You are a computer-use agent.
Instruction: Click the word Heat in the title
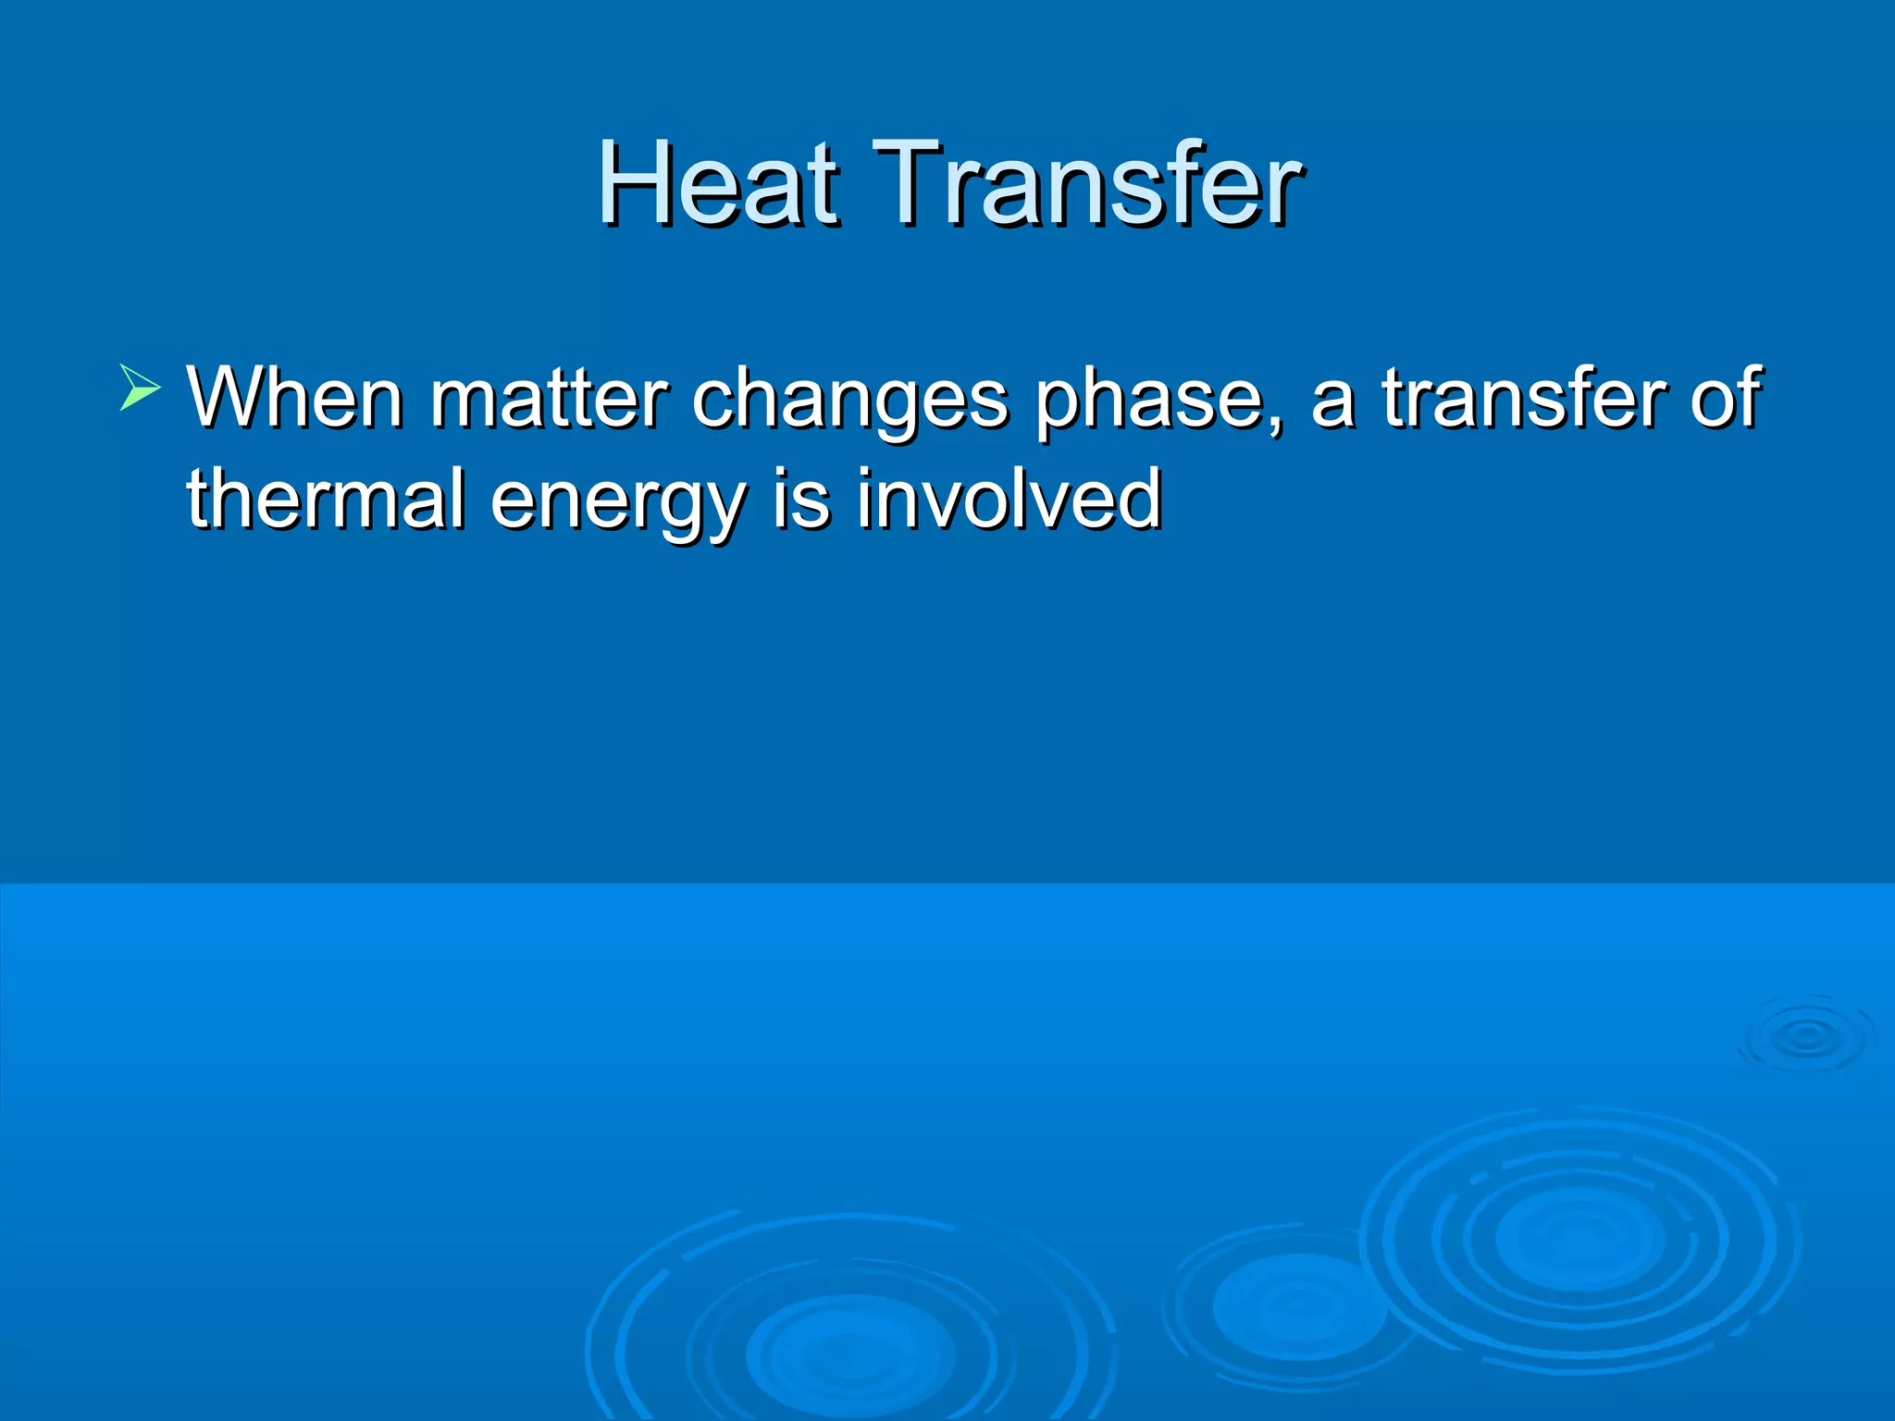718,183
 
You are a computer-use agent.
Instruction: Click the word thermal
326,500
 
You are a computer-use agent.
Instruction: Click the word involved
1009,500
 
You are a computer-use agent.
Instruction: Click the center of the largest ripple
1579,1238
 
